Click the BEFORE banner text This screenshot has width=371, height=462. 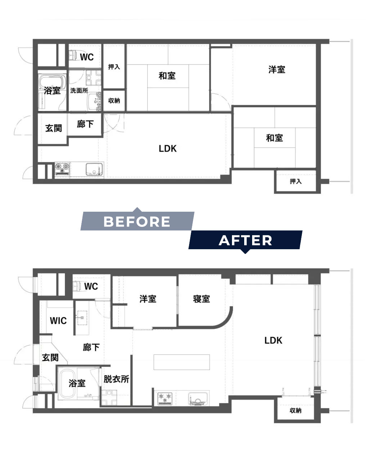137,221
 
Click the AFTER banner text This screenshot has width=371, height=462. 245,240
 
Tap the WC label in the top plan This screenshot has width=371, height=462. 87,57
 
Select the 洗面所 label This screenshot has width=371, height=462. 79,91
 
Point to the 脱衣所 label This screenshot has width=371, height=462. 116,379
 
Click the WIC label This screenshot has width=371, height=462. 58,321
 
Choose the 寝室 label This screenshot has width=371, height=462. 201,299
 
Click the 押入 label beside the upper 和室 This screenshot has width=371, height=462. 114,67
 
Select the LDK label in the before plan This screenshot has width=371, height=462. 168,149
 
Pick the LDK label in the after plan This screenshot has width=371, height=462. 273,340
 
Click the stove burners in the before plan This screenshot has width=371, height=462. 62,168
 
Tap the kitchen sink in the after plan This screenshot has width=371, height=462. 198,399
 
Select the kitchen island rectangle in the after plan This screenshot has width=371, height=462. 182,362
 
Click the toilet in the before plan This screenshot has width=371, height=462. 73,56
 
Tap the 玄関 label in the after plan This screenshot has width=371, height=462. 50,358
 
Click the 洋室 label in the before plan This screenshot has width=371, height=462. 277,70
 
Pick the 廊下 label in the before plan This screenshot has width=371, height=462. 85,124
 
